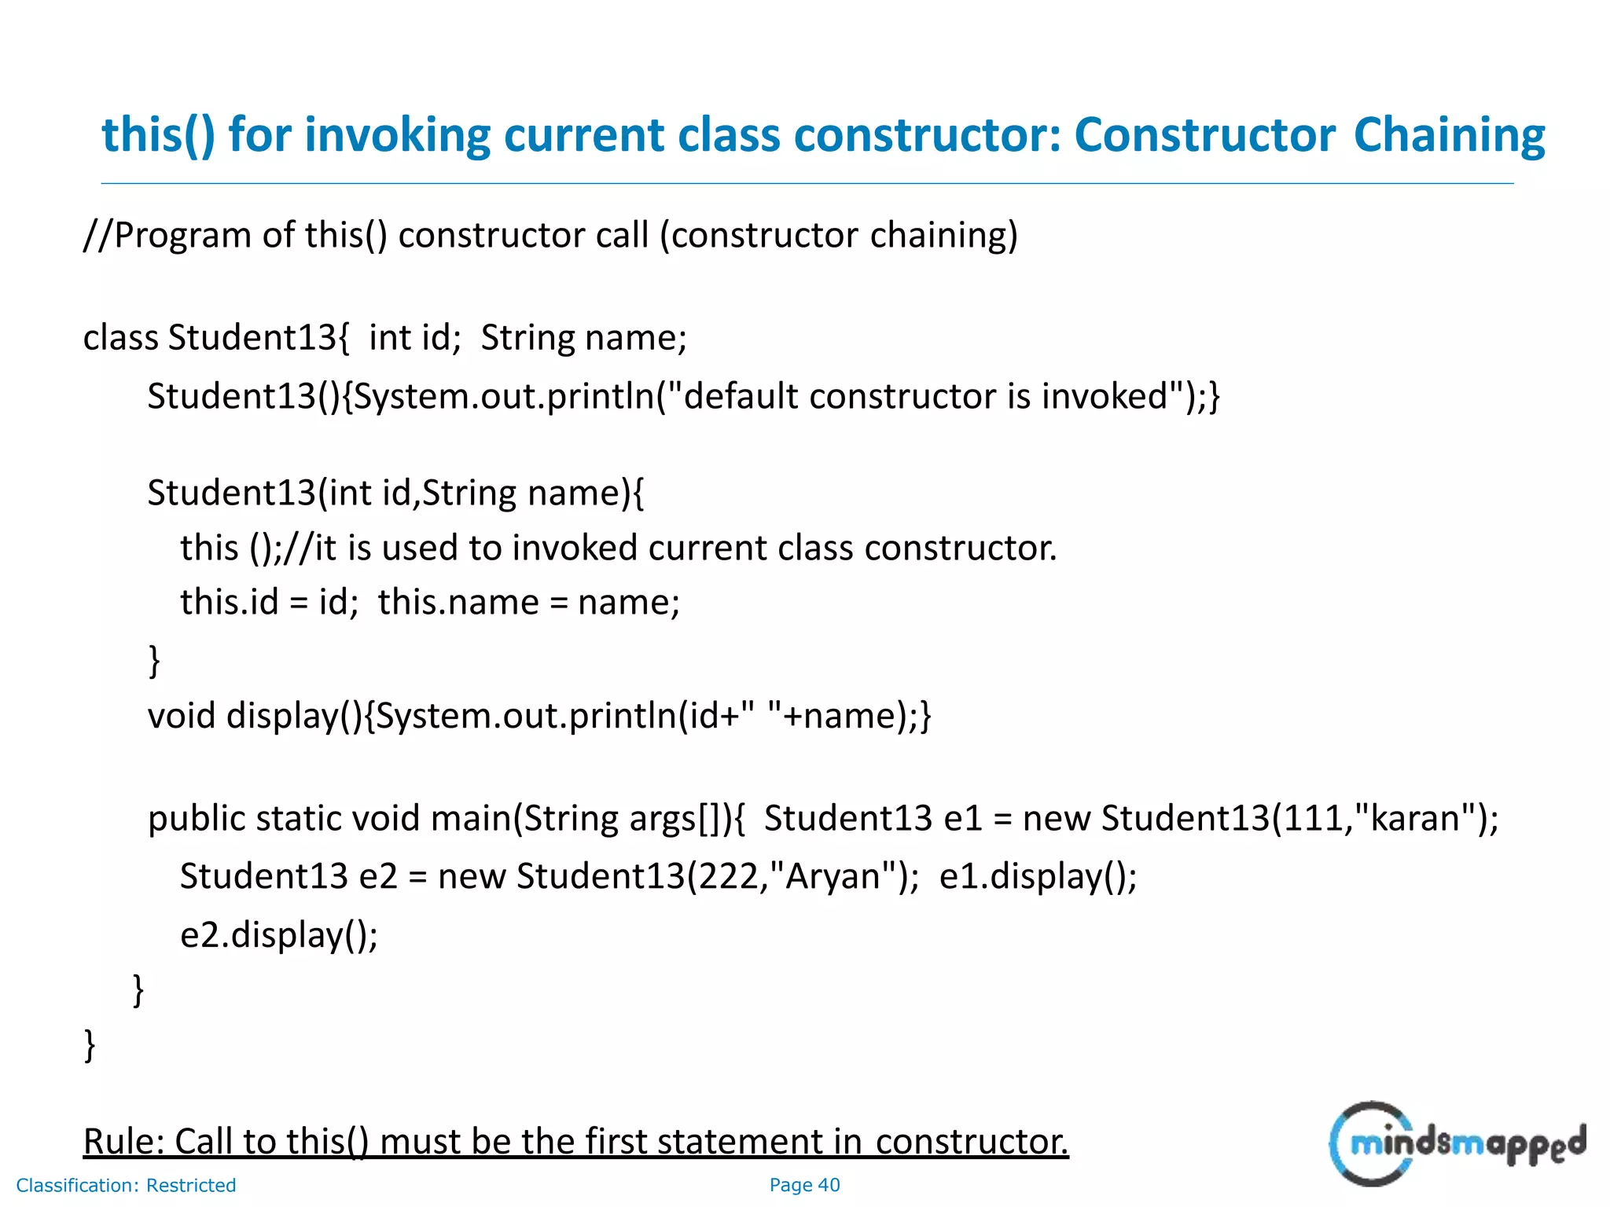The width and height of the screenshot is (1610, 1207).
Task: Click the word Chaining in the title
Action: coord(1449,135)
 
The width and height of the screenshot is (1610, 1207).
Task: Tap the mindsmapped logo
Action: coord(1457,1143)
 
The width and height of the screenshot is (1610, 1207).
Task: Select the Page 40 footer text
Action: coord(804,1185)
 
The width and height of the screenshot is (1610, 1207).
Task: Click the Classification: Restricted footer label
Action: coord(126,1185)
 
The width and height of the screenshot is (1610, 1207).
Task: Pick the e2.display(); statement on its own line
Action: coord(279,935)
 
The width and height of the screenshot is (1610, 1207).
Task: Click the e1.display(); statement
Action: coord(1038,876)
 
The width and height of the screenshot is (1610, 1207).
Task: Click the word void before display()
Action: coord(181,716)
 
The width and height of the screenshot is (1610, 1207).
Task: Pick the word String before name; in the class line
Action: coord(527,338)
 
